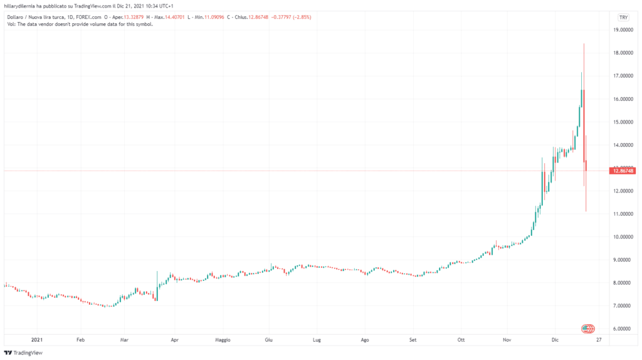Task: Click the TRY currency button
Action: [x=623, y=17]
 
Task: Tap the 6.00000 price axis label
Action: [x=623, y=329]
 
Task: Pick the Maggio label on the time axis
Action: [x=223, y=340]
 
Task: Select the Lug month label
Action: [x=317, y=340]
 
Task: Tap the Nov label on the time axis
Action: [x=507, y=340]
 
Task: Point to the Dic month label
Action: [x=555, y=340]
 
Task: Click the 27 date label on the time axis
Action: [x=599, y=340]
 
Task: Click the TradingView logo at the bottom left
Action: [x=26, y=352]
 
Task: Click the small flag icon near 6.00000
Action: [x=587, y=329]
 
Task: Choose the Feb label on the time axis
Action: [x=80, y=340]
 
